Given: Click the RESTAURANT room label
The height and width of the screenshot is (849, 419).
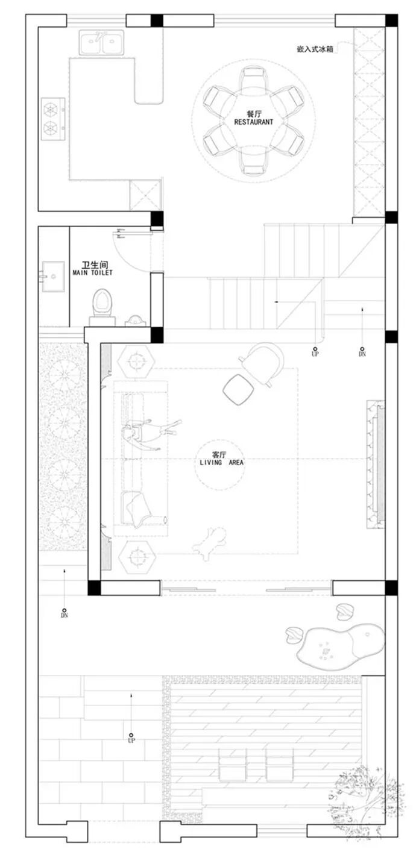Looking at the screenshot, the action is click(x=253, y=122).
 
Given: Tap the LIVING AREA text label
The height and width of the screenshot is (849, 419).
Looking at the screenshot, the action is click(x=222, y=462).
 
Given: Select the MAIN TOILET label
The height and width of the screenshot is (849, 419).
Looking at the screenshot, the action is click(x=92, y=272).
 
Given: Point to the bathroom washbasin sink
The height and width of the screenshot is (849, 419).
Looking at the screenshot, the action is click(x=53, y=276).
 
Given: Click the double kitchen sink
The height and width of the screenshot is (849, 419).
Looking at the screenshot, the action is click(x=101, y=43).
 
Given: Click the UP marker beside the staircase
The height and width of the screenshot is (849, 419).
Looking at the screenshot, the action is click(x=315, y=352).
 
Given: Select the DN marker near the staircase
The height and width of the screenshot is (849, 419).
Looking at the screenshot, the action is click(x=362, y=352).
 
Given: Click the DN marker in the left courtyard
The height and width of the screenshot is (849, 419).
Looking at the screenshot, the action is click(x=65, y=613).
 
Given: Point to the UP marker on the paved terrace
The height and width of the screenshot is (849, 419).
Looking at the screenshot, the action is click(x=131, y=738).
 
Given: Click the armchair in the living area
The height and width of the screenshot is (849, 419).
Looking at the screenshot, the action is click(x=262, y=364).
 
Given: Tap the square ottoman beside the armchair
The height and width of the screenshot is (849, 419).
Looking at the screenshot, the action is click(x=238, y=389).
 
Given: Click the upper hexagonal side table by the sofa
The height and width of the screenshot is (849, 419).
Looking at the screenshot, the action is click(x=136, y=362).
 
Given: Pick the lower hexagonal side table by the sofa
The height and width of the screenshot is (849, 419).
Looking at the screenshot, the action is click(x=137, y=556).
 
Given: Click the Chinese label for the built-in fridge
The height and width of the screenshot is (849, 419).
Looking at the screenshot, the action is click(x=315, y=49).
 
